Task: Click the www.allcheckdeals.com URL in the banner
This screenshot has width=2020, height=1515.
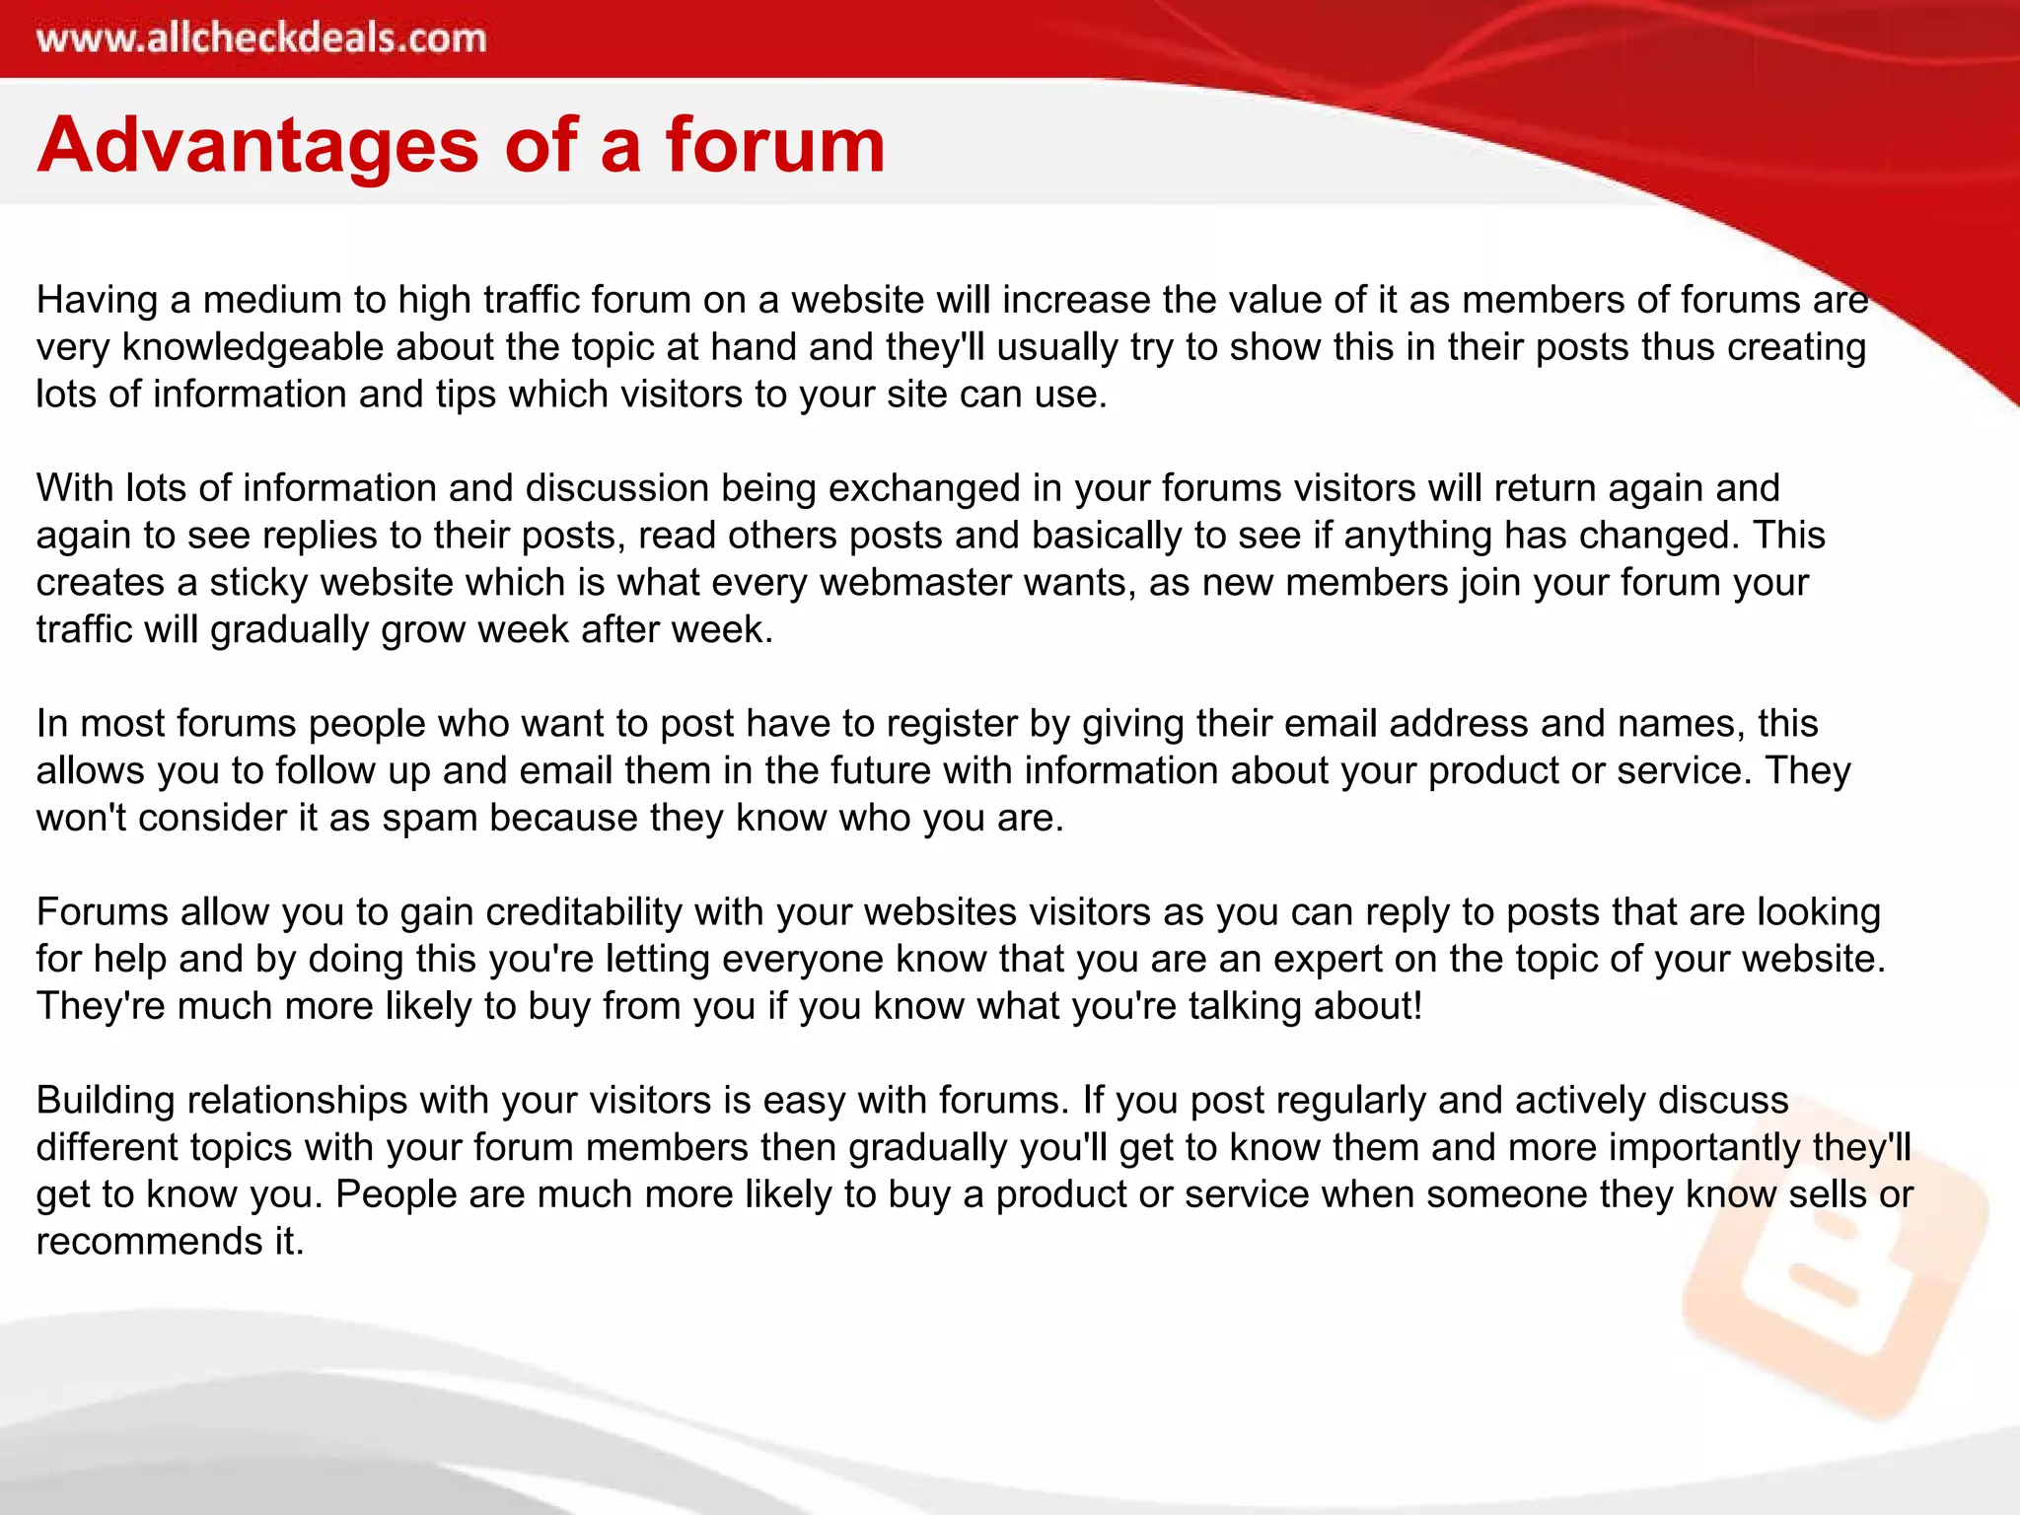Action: (x=261, y=38)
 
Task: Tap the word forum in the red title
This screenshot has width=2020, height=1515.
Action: (x=775, y=145)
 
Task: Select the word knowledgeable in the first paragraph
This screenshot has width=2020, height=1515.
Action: (x=252, y=347)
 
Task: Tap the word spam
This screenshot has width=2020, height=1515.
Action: (x=430, y=819)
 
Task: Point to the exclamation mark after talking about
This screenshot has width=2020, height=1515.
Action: (x=1417, y=1006)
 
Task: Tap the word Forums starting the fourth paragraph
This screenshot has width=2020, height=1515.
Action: (x=103, y=912)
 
